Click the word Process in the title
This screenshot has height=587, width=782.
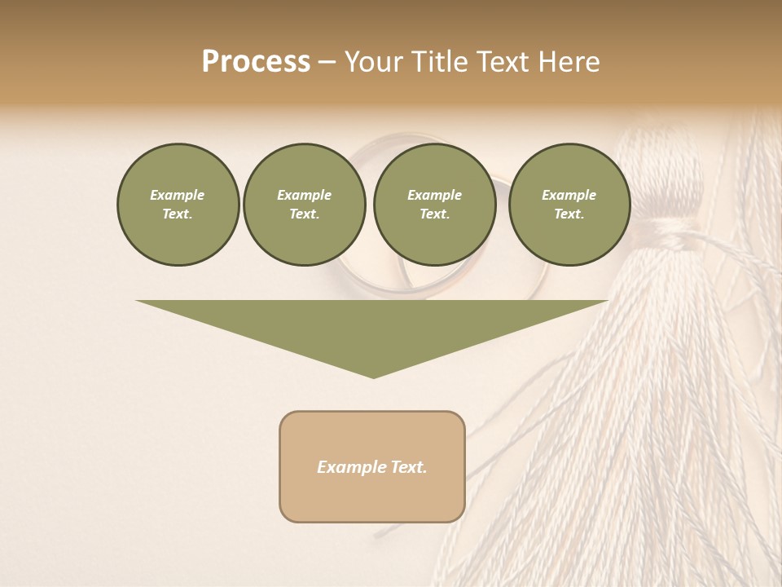coord(256,62)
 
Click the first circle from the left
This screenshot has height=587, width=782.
coord(178,205)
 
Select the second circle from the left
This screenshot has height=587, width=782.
coord(305,205)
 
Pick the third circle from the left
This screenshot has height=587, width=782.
coord(434,205)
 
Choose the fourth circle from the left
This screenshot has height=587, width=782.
coord(569,205)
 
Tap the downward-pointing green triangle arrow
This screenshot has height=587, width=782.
coord(372,330)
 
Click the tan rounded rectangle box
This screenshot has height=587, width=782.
coord(372,466)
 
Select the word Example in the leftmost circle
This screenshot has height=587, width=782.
coord(178,195)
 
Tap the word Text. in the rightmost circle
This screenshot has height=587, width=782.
coord(569,214)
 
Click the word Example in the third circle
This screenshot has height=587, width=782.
coord(434,195)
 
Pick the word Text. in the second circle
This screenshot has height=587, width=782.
coord(305,214)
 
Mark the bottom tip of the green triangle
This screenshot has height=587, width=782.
coord(373,376)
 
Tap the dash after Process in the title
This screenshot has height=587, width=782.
coord(327,63)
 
